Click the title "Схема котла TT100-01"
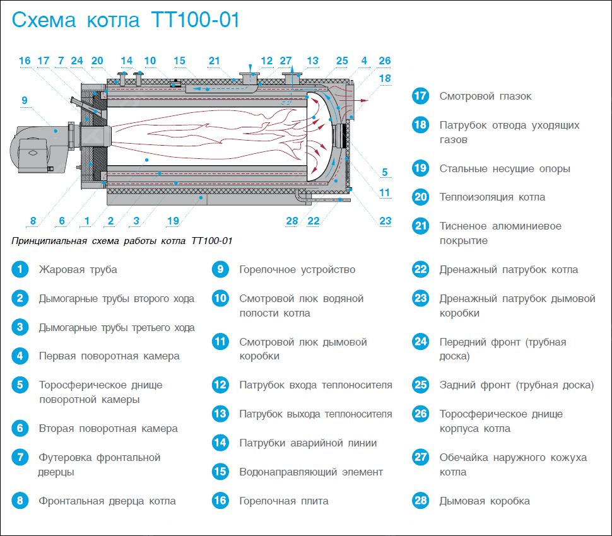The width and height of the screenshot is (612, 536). (x=126, y=21)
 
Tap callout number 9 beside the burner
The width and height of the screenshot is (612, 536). (x=24, y=100)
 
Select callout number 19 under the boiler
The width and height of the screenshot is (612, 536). (x=174, y=221)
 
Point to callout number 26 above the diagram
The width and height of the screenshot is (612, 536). (x=384, y=61)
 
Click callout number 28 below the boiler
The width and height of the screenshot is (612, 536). (x=291, y=221)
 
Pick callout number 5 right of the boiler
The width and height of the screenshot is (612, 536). (x=385, y=172)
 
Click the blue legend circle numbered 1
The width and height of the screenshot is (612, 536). (x=20, y=270)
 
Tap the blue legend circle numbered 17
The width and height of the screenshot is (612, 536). (x=420, y=96)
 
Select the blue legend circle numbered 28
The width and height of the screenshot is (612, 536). (x=420, y=501)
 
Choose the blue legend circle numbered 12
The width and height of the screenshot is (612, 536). (x=220, y=385)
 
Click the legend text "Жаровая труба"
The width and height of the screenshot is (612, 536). (x=78, y=270)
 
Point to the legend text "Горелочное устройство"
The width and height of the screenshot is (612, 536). (x=297, y=270)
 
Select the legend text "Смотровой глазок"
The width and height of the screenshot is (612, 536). (x=485, y=96)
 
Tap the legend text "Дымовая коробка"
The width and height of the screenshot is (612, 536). (x=485, y=501)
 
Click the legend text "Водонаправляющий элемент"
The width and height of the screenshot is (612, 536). (x=311, y=472)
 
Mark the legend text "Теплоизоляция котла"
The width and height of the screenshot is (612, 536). (x=492, y=197)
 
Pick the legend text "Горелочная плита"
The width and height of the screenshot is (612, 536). (x=283, y=501)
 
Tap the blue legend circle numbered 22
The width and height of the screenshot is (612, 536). (x=420, y=270)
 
